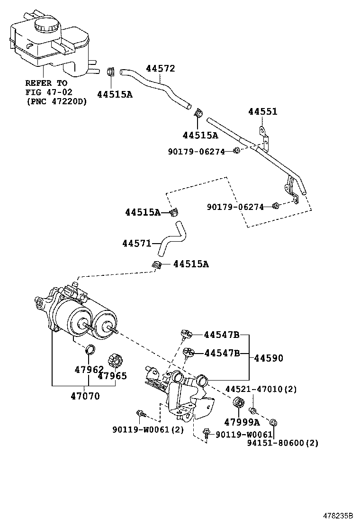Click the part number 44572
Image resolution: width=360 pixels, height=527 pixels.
coord(160,69)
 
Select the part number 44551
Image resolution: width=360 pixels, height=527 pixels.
coord(262,112)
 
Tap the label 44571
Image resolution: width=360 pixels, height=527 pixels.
coord(136,244)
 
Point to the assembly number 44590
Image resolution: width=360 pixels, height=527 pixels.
coord(269,358)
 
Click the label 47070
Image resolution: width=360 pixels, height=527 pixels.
coord(86,396)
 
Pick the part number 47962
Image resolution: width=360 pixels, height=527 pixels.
coord(89,369)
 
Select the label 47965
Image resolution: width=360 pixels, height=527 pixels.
coord(112,376)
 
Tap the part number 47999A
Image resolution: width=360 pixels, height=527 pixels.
coord(242,422)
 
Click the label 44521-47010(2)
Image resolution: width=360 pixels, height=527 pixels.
coord(261,389)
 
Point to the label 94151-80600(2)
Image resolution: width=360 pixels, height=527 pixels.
coord(282,443)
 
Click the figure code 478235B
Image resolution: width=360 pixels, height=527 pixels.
coord(338,514)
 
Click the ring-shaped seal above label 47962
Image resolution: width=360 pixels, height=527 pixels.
coord(89,351)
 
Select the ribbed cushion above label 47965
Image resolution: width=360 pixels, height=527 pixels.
coord(115,361)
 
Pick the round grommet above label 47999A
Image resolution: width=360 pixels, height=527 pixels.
coord(238,405)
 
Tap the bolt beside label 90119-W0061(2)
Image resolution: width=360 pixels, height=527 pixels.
coord(140,414)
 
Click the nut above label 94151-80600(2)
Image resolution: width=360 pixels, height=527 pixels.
coord(273,422)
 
